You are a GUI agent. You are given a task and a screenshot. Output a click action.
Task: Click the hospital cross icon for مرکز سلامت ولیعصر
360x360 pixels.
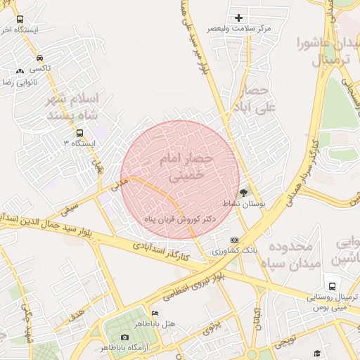coord(238,18)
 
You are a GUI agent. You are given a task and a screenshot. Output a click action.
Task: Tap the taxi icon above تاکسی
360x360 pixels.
coord(39,58)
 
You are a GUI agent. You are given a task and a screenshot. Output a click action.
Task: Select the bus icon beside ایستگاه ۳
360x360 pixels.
coord(79,132)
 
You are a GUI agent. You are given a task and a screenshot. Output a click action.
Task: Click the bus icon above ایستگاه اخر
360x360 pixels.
coord(19,20)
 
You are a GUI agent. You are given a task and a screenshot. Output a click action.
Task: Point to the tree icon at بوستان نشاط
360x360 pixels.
coord(244,191)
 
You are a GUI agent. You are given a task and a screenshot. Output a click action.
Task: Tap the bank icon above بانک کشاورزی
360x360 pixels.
coord(234,240)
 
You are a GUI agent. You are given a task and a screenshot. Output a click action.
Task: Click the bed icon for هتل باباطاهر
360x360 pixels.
coord(155,313)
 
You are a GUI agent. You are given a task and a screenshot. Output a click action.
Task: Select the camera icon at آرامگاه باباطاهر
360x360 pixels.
coord(125,337)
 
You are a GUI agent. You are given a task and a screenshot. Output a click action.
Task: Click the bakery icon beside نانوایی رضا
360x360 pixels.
coord(20,71)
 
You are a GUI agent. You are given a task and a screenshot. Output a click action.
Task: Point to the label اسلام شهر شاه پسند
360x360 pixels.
coord(74,105)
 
